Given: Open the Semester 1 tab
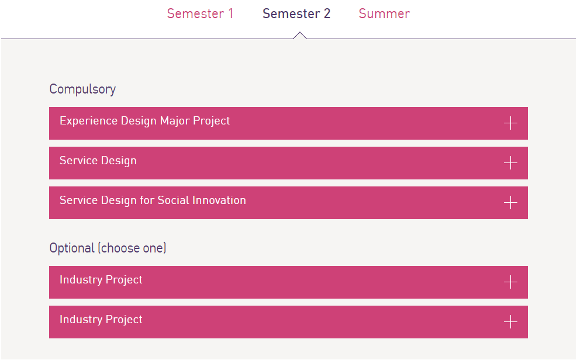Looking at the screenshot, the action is click(x=200, y=13).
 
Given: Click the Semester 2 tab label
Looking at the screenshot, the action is click(x=296, y=13).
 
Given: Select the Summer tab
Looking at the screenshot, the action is click(x=384, y=13).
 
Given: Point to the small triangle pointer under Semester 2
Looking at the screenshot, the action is click(x=300, y=35).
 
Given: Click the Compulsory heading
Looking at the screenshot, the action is click(x=82, y=89).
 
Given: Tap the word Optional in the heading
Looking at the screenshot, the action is click(x=72, y=248).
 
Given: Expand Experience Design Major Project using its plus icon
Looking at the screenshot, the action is click(x=510, y=123).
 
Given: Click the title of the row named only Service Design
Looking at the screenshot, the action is click(x=98, y=161).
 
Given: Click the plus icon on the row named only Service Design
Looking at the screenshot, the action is click(x=510, y=163).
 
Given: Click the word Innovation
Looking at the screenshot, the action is click(x=219, y=200).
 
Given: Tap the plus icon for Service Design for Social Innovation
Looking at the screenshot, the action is click(x=510, y=203).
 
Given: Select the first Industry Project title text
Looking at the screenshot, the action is click(x=101, y=280).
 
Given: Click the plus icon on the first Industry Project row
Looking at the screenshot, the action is click(x=510, y=282).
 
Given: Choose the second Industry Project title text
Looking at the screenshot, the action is click(x=101, y=320).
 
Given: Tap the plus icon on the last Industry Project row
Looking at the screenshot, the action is click(x=510, y=322).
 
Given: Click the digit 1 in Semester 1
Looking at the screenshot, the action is click(x=231, y=13).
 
